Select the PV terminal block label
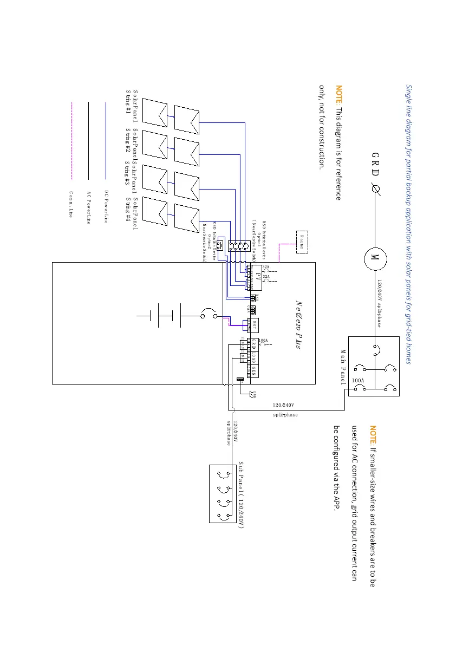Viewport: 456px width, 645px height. coord(259,277)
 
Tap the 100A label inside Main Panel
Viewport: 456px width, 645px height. coord(358,381)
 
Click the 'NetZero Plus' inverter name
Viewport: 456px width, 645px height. coord(298,325)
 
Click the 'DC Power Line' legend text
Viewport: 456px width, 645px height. coord(107,206)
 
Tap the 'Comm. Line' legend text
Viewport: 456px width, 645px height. coord(71,204)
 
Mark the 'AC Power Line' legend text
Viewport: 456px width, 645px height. coord(89,207)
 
